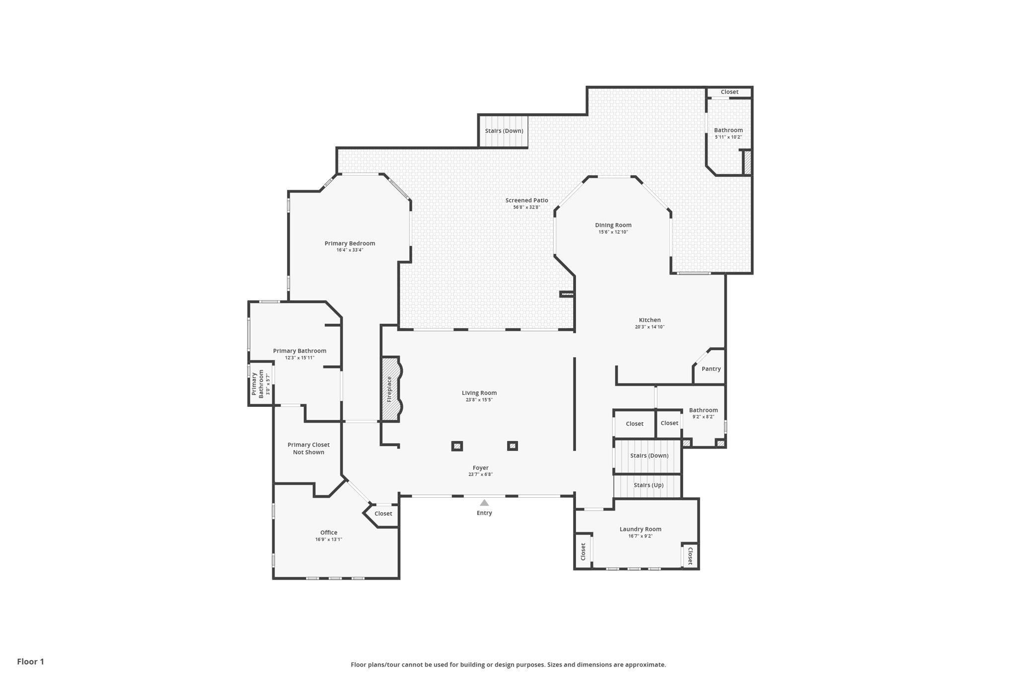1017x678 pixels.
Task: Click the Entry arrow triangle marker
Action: coord(484,503)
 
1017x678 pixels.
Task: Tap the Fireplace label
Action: coord(389,389)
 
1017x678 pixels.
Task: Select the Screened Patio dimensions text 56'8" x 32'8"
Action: coord(526,208)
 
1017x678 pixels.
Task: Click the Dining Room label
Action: coord(613,225)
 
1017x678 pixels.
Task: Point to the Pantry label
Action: coord(711,369)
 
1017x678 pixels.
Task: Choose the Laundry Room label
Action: coord(640,529)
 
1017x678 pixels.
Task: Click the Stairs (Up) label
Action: coord(649,485)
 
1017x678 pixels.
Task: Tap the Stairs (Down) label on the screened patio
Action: coord(504,131)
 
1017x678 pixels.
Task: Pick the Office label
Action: coord(329,532)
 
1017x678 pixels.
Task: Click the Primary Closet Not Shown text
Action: coord(308,449)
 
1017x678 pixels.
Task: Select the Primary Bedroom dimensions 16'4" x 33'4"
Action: coord(350,250)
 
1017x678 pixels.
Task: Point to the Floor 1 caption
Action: coord(30,662)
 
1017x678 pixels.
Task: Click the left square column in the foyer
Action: coord(457,446)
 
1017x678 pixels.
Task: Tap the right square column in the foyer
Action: coord(512,446)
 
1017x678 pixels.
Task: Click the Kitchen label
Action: coord(650,320)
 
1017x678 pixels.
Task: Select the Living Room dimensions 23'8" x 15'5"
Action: coord(479,400)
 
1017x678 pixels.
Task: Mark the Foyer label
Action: coord(480,468)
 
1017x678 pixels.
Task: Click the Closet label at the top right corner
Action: coord(729,92)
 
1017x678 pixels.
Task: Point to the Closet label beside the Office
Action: coord(383,514)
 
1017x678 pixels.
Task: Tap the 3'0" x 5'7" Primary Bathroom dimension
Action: coord(268,384)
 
